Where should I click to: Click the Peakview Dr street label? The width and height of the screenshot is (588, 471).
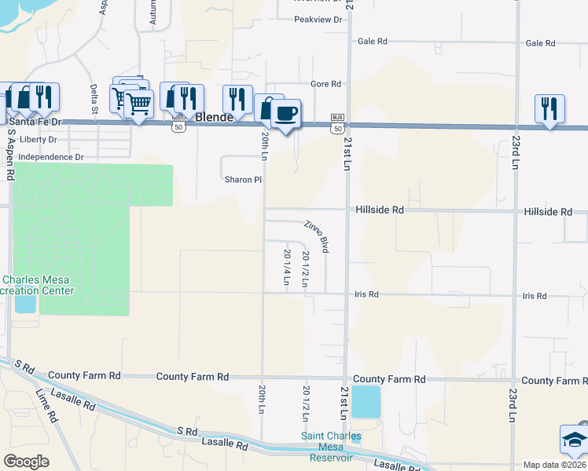coord(319,19)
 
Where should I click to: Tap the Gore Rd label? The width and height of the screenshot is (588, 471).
coord(325,83)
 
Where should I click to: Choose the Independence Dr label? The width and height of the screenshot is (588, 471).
coord(50,157)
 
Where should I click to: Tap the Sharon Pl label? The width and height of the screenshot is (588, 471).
coord(243,180)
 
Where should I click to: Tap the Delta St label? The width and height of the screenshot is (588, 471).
coord(93,98)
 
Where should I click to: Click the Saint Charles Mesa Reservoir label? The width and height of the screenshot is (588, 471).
coord(331,447)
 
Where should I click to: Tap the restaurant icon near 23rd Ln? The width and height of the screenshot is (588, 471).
coord(549,108)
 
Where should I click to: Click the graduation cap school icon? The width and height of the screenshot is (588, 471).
coord(572,440)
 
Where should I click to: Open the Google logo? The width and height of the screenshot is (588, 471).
coord(26,462)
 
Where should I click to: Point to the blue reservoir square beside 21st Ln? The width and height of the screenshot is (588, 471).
coord(365,401)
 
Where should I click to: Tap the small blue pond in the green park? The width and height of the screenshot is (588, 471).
coord(25,303)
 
